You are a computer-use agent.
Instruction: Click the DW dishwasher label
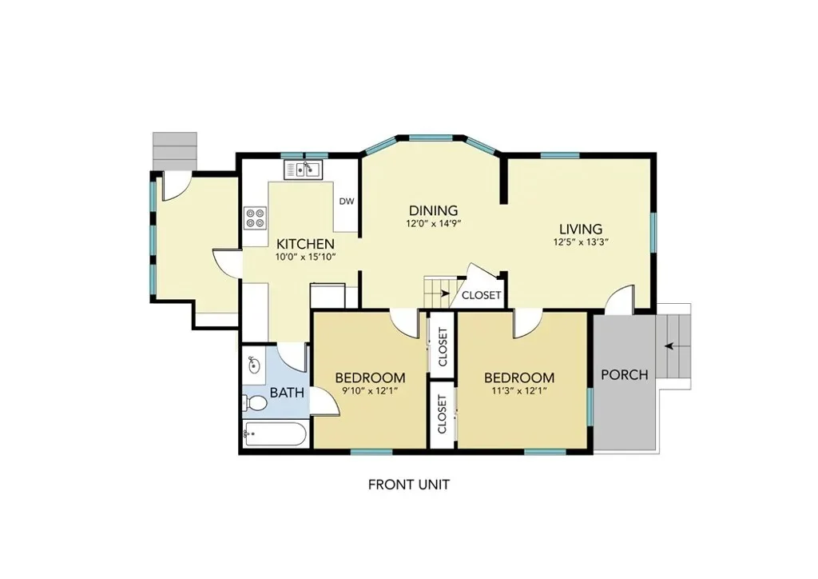point(347,202)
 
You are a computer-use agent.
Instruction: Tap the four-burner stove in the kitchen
point(255,218)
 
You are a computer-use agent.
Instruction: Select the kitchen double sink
point(303,170)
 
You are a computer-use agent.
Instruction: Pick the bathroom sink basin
point(254,365)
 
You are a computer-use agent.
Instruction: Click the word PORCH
point(625,375)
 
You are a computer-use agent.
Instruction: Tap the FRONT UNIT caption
point(409,485)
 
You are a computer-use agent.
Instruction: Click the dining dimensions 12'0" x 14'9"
point(434,224)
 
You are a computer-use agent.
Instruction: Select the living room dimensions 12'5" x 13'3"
point(582,242)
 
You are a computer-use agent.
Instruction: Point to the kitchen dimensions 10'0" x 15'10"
point(305,257)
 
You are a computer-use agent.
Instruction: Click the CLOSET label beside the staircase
point(482,296)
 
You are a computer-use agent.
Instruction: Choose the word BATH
point(287,393)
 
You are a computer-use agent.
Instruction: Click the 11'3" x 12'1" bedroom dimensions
point(518,390)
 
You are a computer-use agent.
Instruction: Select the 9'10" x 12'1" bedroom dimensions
point(370,390)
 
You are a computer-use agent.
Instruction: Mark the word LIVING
point(582,230)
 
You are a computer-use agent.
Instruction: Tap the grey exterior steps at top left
point(175,151)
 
